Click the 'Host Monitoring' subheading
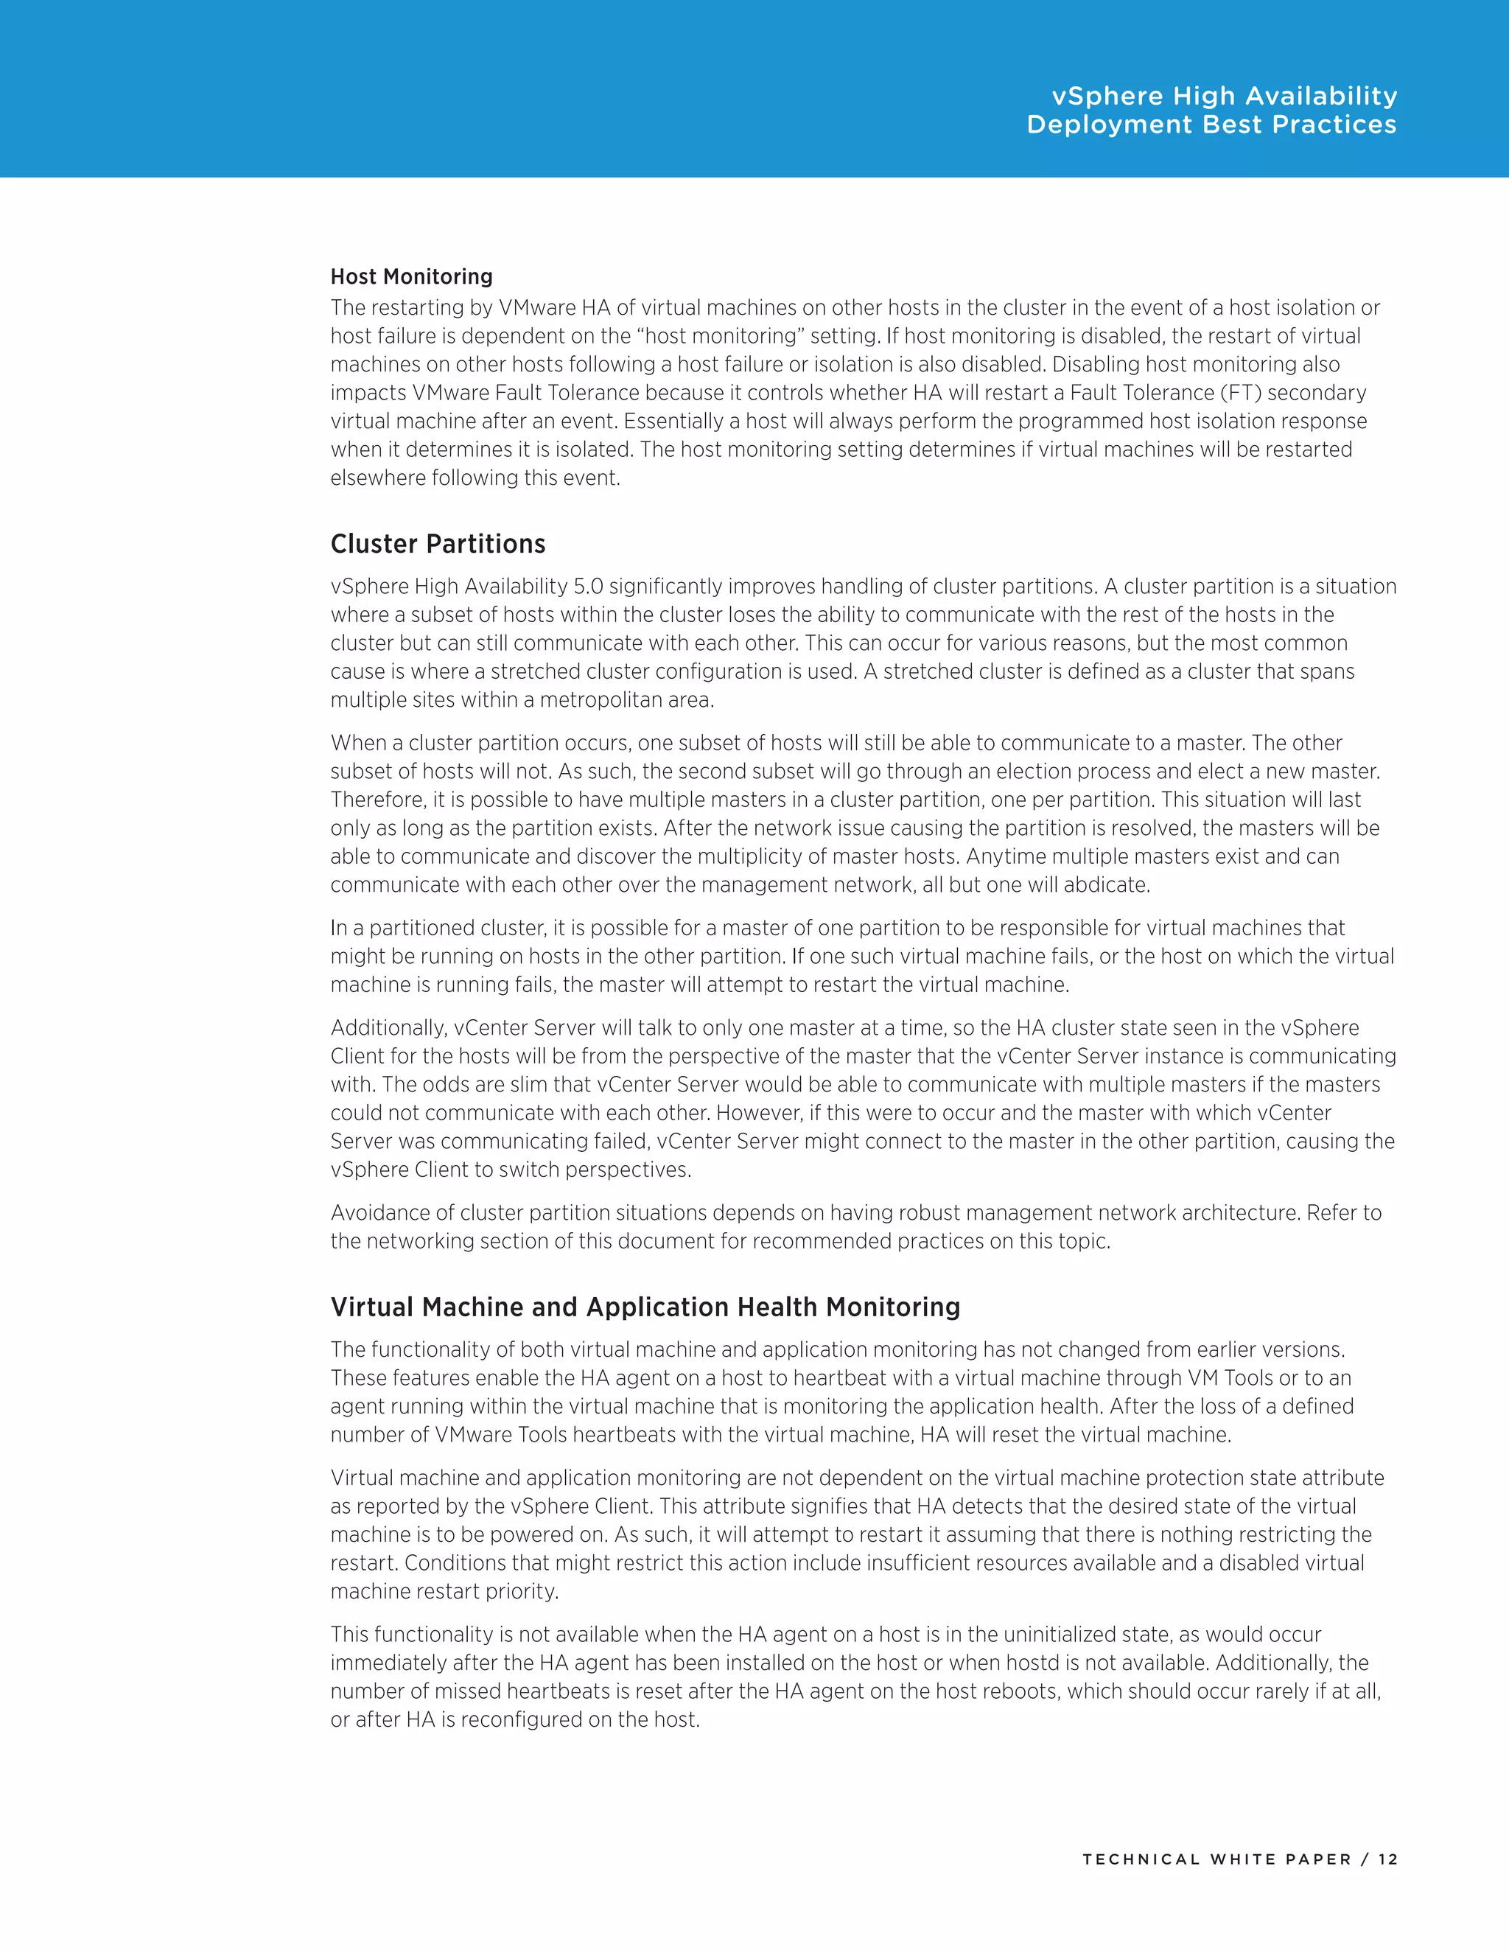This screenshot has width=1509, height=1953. [x=411, y=276]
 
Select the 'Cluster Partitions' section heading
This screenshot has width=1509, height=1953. [x=438, y=544]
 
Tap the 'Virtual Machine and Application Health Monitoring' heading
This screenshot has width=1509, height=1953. [x=645, y=1307]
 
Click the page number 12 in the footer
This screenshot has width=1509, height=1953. [x=1387, y=1859]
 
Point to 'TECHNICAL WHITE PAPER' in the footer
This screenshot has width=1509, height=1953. [x=1216, y=1859]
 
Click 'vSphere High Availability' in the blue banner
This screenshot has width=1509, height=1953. [x=1224, y=96]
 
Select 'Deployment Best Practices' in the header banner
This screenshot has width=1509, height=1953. [x=1211, y=125]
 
